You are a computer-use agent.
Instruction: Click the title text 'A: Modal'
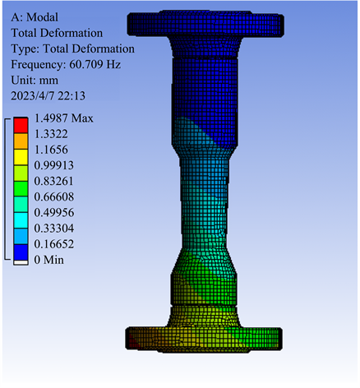pyautogui.click(x=35, y=17)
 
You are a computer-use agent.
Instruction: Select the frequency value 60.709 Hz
pyautogui.click(x=95, y=64)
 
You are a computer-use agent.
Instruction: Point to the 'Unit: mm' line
pyautogui.click(x=35, y=81)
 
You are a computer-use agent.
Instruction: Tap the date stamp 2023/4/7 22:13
pyautogui.click(x=48, y=96)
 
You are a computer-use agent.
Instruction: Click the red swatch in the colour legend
pyautogui.click(x=21, y=126)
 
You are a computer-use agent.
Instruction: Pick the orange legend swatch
pyautogui.click(x=21, y=141)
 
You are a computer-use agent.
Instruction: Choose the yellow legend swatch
pyautogui.click(x=21, y=157)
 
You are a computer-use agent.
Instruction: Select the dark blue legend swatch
pyautogui.click(x=21, y=252)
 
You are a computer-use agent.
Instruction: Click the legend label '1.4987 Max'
pyautogui.click(x=63, y=118)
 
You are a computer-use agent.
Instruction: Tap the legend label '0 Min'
pyautogui.click(x=49, y=260)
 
